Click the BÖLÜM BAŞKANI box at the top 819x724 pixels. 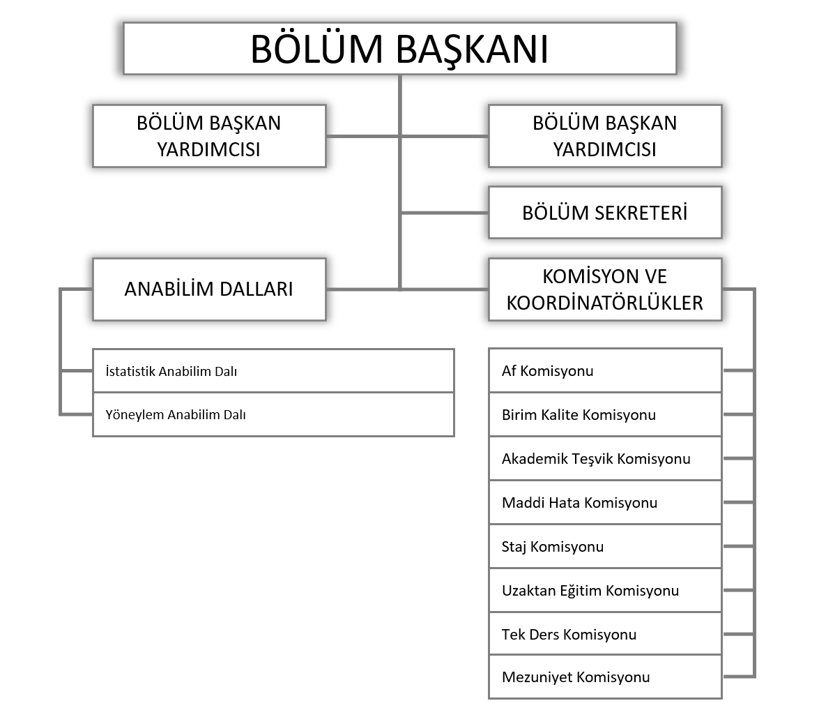pyautogui.click(x=399, y=48)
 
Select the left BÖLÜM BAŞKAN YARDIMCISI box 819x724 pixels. pyautogui.click(x=209, y=136)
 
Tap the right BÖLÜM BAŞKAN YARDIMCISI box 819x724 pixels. pyautogui.click(x=605, y=136)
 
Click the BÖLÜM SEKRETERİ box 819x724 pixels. pyautogui.click(x=605, y=212)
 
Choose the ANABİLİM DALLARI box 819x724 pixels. pyautogui.click(x=209, y=289)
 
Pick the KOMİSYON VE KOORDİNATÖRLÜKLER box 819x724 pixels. pyautogui.click(x=605, y=289)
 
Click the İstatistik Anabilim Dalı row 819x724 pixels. pyautogui.click(x=273, y=371)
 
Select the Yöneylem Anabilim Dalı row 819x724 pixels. pyautogui.click(x=273, y=414)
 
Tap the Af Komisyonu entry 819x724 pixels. pyautogui.click(x=605, y=370)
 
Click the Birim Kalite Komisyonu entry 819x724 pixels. pyautogui.click(x=605, y=415)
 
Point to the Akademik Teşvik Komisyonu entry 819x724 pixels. pyautogui.click(x=605, y=459)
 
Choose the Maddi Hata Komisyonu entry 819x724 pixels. pyautogui.click(x=605, y=503)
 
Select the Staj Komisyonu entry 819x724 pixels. pyautogui.click(x=605, y=547)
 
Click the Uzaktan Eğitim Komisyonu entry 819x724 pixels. pyautogui.click(x=605, y=591)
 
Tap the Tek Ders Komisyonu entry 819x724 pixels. pyautogui.click(x=605, y=635)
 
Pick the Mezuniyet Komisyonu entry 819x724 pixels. pyautogui.click(x=605, y=677)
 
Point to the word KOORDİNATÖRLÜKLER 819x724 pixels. pyautogui.click(x=605, y=303)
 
